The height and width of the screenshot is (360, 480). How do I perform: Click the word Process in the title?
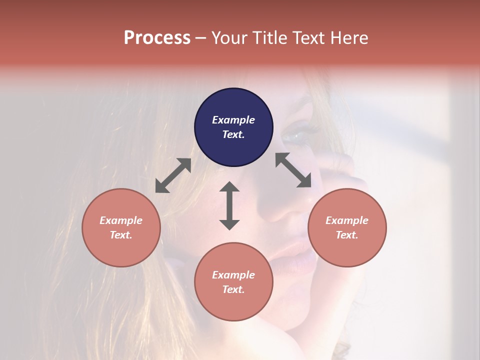point(157,38)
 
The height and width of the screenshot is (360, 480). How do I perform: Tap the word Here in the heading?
point(348,38)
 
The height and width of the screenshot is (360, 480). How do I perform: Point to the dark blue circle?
point(233,127)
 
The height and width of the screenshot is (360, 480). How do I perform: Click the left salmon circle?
point(121,227)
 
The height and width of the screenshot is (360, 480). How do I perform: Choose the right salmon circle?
point(347,227)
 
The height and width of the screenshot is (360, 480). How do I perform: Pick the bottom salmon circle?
point(233,282)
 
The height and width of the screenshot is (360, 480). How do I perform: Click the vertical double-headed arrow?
point(229,205)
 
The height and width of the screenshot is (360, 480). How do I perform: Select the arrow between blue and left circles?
point(173,175)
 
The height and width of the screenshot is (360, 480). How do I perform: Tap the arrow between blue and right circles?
point(293,170)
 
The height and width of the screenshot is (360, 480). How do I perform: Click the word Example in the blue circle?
point(233,120)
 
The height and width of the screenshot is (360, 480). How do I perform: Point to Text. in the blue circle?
point(233,134)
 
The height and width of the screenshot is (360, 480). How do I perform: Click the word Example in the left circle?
point(121,220)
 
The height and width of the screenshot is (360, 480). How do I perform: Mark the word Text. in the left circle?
point(121,235)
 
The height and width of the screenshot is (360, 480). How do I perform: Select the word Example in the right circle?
point(347,220)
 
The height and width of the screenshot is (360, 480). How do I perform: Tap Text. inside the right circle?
point(347,235)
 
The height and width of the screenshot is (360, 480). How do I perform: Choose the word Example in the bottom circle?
point(233,275)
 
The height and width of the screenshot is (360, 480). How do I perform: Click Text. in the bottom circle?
point(233,289)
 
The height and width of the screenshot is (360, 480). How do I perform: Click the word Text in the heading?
point(308,38)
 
